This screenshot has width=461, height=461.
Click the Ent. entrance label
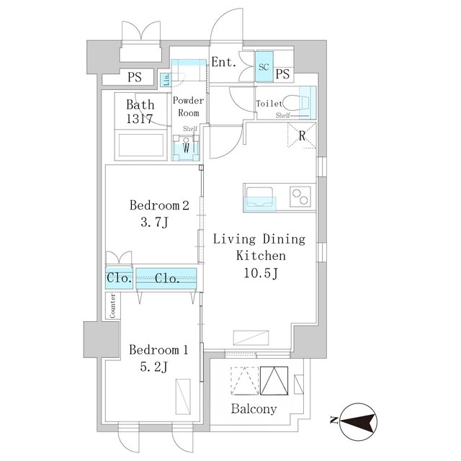click(224, 62)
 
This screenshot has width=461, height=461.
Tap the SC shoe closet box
click(264, 67)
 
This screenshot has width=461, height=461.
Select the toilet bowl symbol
click(296, 102)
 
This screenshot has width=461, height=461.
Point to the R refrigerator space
click(302, 135)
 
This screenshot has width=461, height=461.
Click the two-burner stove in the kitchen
click(300, 197)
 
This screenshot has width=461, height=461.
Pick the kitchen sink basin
click(259, 197)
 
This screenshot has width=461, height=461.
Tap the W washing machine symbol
click(186, 148)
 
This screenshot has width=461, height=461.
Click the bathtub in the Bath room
click(141, 146)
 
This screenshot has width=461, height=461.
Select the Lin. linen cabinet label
click(166, 80)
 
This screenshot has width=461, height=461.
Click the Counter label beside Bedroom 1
click(112, 305)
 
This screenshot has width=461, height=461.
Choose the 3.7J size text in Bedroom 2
click(154, 223)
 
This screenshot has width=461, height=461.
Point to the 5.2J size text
click(153, 367)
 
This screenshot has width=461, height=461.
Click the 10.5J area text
click(261, 273)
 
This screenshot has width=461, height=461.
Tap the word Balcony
click(254, 408)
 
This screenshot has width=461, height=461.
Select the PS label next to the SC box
click(282, 73)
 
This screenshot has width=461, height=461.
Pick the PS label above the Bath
click(135, 77)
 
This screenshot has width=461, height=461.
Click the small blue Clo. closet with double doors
click(119, 278)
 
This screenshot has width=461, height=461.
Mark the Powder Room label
click(188, 107)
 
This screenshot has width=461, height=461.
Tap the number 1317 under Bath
click(140, 119)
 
